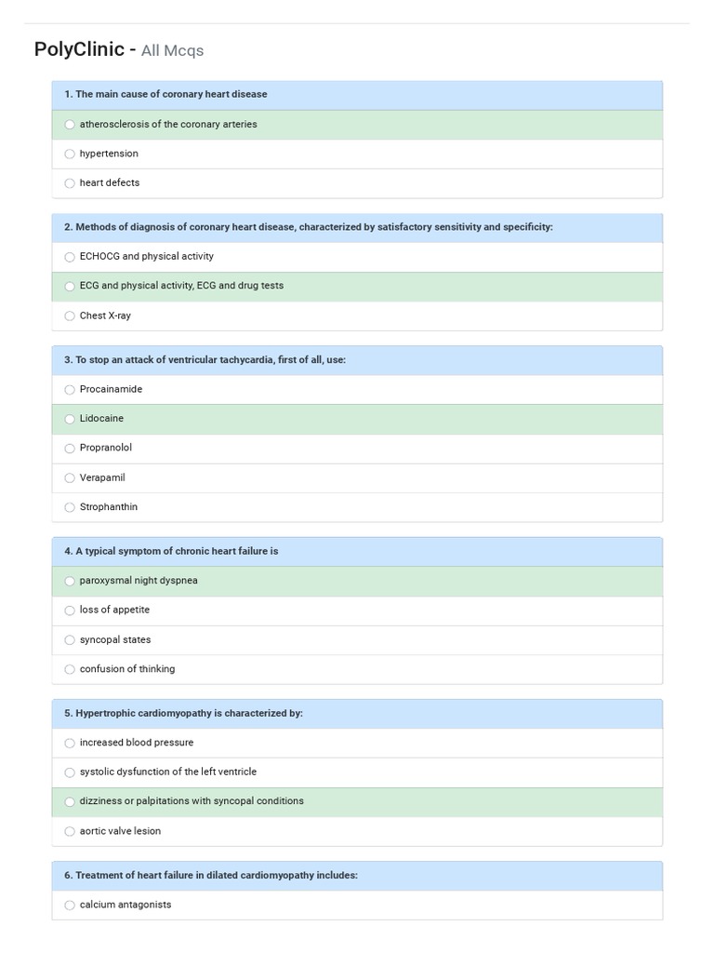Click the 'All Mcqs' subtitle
(x=172, y=51)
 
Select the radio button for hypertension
(x=70, y=154)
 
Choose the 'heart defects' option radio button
(x=70, y=183)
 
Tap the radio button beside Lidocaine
(x=70, y=419)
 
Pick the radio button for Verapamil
(x=70, y=478)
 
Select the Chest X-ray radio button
(x=70, y=316)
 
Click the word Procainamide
(x=111, y=389)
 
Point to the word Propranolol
(x=106, y=448)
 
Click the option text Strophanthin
(x=108, y=507)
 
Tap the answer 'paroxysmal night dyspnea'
(x=139, y=581)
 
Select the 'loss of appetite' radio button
(x=70, y=611)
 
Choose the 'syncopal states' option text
(x=114, y=640)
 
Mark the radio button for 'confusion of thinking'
(x=70, y=670)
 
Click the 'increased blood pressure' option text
(x=137, y=743)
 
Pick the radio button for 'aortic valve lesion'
(x=70, y=832)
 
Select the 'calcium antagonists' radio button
(x=70, y=906)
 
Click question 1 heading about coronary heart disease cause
(x=165, y=95)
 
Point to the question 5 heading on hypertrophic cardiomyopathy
(x=183, y=714)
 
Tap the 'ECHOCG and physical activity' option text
(x=146, y=256)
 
